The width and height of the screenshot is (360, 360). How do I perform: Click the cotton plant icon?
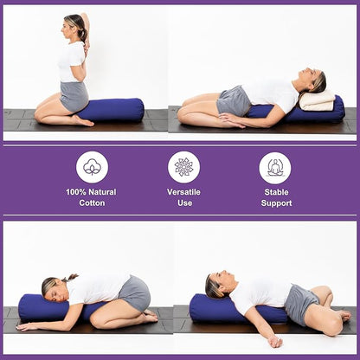pos(92,167)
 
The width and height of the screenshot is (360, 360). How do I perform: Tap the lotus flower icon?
pos(183,167)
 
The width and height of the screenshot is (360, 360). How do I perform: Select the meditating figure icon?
pos(275,167)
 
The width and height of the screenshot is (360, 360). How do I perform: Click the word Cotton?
pos(91,203)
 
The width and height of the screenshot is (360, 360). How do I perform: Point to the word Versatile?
pos(183,191)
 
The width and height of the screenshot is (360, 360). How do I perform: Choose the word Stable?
pos(276,191)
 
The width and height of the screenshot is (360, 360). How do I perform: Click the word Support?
pos(276,203)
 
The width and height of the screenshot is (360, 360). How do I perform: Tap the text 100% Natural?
pos(91,191)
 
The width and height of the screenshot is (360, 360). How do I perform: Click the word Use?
pos(183,203)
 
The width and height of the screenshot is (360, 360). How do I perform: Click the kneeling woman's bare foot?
pos(83,120)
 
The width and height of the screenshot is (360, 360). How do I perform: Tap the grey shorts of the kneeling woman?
pos(74,95)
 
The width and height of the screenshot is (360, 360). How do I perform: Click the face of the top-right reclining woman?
pos(309,82)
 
